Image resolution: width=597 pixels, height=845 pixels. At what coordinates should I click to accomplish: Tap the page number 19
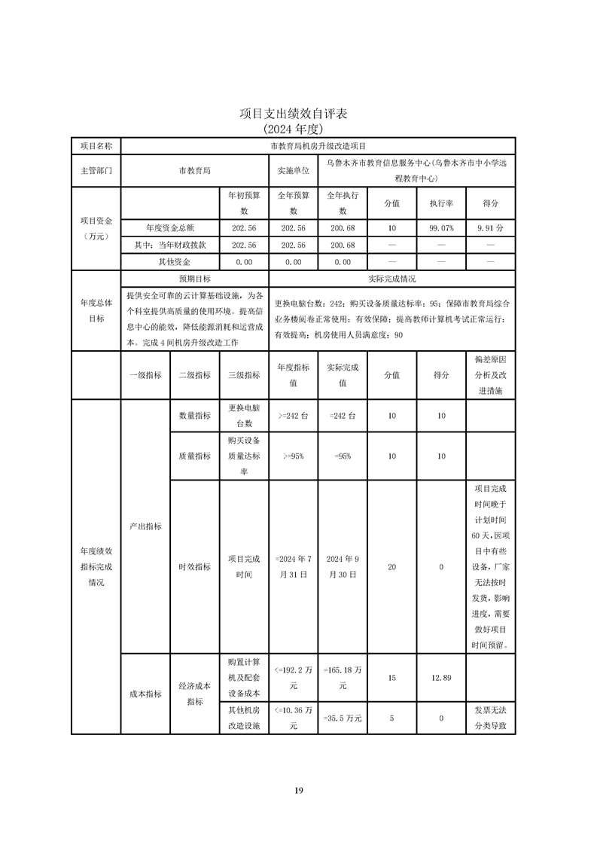tap(298, 790)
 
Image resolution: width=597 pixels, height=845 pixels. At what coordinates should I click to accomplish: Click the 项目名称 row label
tap(96, 146)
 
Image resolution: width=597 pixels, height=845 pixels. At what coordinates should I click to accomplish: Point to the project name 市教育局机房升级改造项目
tap(318, 146)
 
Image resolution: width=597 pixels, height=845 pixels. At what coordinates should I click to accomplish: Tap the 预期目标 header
tap(193, 279)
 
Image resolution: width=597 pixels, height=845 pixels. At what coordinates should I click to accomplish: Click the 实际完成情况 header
tap(391, 279)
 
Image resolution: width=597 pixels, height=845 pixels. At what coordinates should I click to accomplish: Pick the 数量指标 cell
tap(194, 416)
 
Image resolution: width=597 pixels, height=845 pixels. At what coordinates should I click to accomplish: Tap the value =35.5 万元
tap(343, 718)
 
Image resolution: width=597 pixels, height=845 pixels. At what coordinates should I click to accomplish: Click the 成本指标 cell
tap(145, 694)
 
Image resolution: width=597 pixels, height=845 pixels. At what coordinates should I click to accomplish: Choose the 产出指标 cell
tap(145, 526)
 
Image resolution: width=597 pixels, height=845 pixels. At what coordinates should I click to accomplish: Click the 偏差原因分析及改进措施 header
tap(490, 374)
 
